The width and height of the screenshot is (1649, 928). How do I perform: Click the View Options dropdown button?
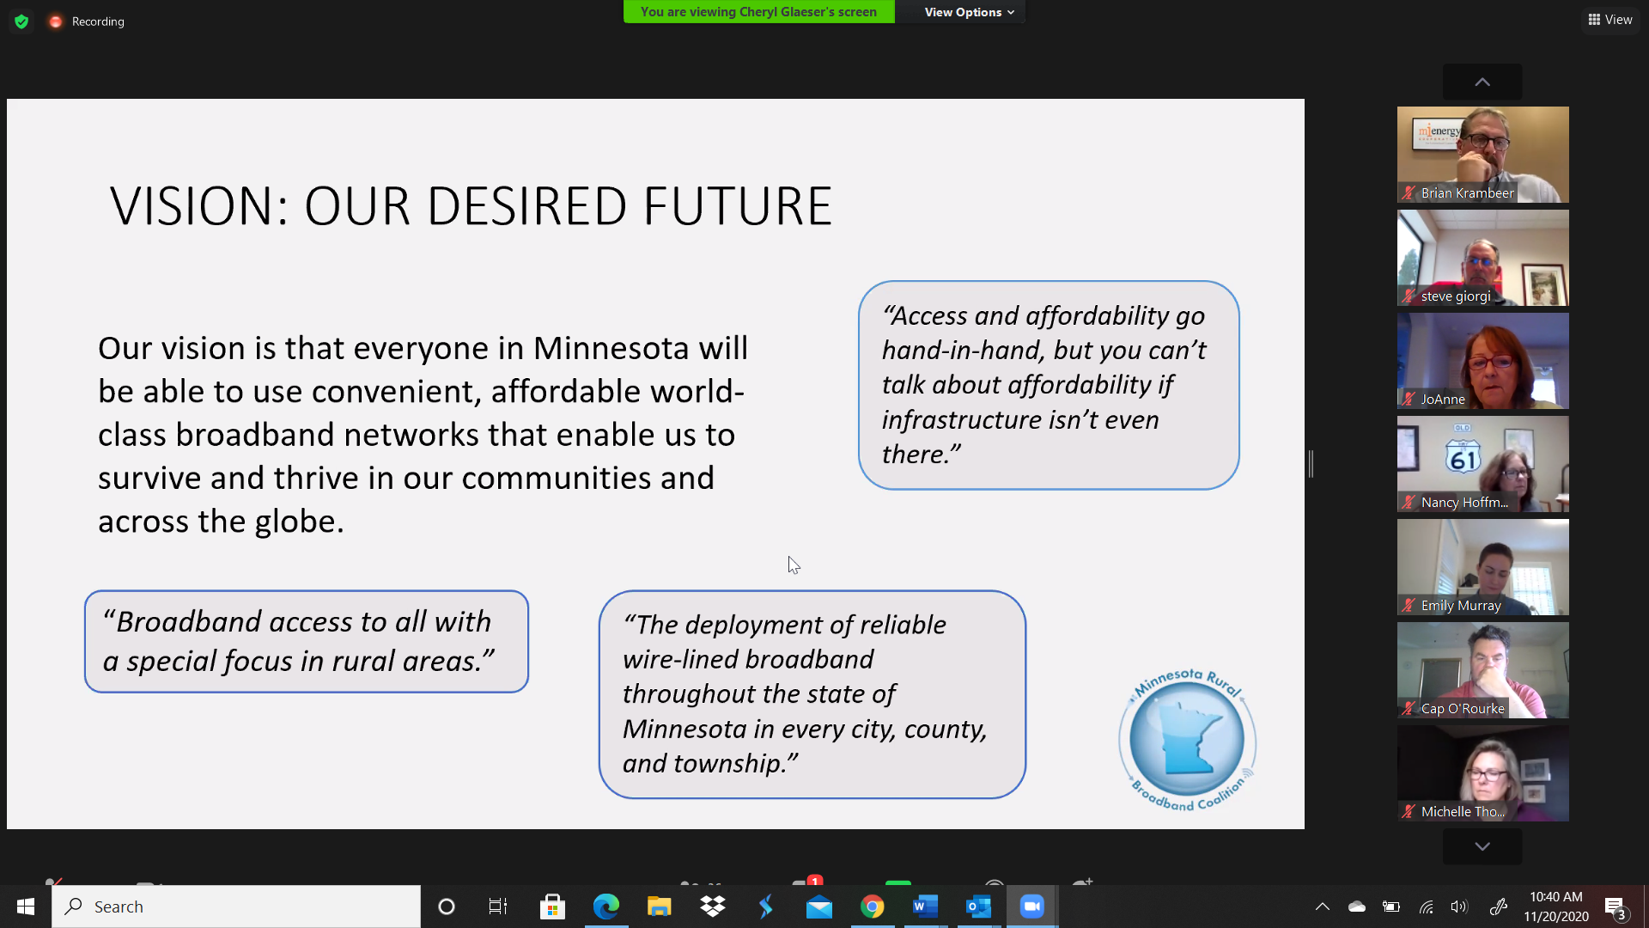969,12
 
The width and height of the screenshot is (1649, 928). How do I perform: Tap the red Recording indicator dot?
56,21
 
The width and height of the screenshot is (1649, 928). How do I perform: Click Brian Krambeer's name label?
1467,193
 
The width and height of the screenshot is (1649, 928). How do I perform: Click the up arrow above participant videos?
1482,82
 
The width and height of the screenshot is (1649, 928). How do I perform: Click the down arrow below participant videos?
1482,846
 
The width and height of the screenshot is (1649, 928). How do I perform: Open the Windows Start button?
26,907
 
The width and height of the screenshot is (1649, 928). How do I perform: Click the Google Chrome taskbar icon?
872,907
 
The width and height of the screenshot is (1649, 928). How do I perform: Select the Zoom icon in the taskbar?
1031,907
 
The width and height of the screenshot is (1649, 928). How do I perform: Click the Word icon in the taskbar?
925,907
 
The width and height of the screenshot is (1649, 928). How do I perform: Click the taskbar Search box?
236,907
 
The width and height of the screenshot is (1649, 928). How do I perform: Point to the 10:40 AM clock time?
1555,897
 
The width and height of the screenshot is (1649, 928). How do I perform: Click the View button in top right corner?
1610,20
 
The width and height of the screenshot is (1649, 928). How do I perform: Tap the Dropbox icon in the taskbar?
712,907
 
